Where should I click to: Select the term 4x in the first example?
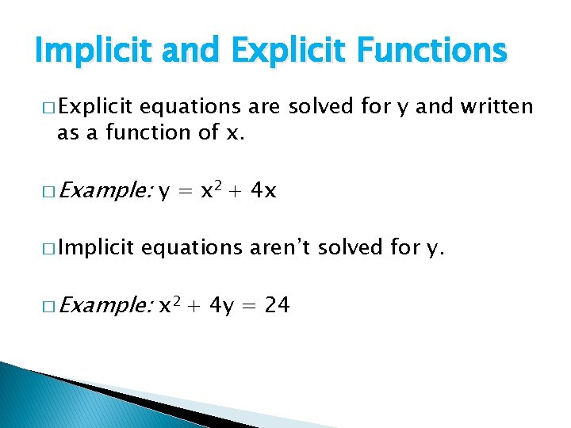pos(262,190)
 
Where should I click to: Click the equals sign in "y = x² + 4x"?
pos(186,191)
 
